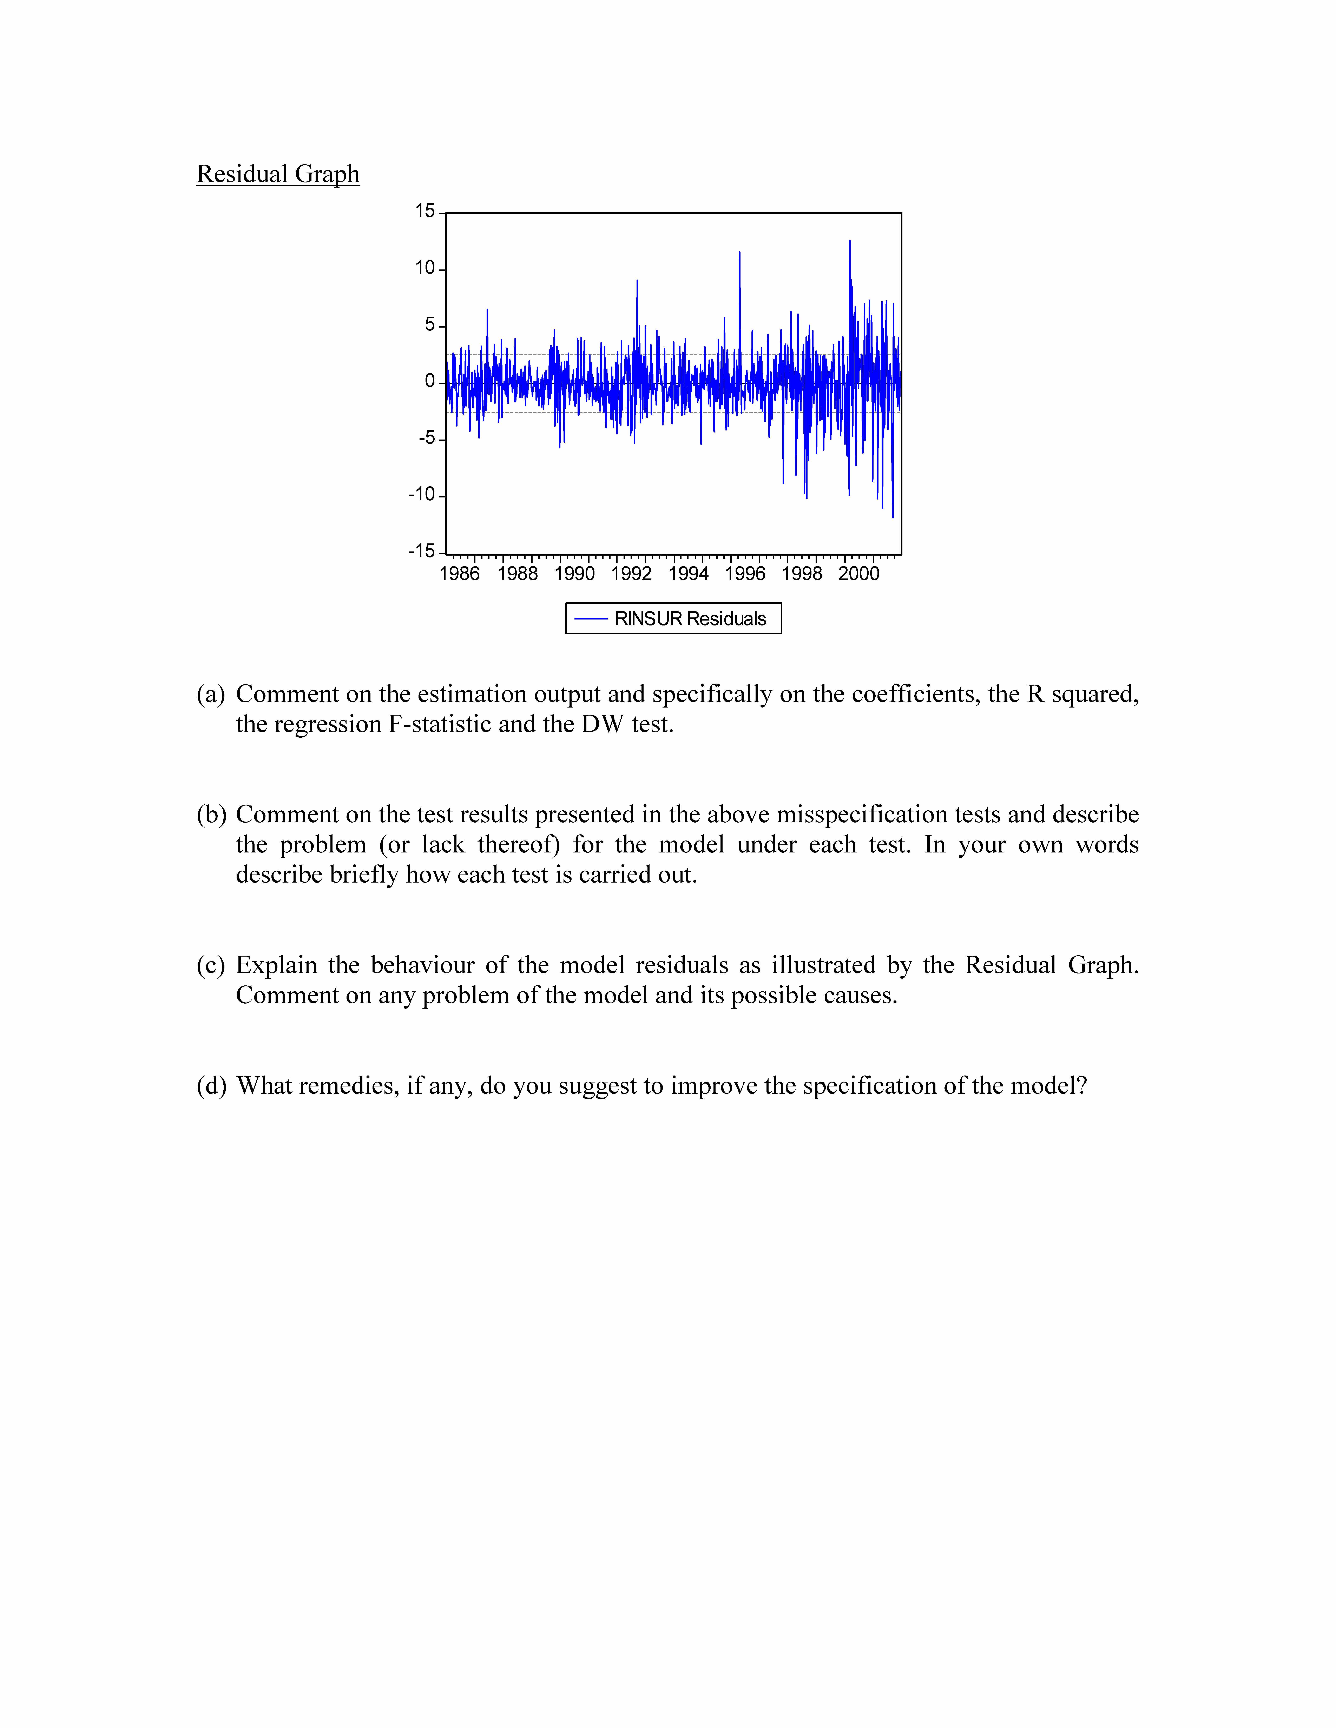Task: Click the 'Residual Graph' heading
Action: tap(278, 174)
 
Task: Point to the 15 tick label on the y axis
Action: tap(425, 211)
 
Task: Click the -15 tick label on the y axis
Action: tap(422, 551)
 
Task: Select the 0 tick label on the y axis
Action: tap(430, 381)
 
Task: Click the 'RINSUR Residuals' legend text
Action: tap(690, 619)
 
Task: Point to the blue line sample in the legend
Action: tap(590, 619)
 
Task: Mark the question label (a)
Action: tap(211, 694)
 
